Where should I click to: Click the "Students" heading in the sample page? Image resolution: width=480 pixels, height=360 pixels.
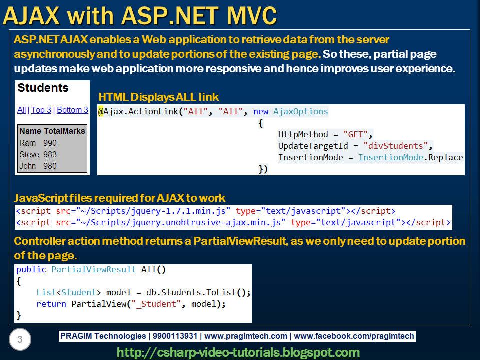(43, 88)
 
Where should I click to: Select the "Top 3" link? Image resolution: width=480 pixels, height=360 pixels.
(41, 110)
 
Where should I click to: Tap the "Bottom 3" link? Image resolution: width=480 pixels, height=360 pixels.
(72, 110)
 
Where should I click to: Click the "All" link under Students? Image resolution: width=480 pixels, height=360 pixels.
(21, 110)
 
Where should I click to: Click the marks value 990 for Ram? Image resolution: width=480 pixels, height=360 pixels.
(50, 143)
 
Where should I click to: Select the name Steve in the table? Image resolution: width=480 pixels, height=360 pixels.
(29, 155)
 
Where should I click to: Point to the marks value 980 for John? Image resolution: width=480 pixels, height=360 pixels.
(50, 166)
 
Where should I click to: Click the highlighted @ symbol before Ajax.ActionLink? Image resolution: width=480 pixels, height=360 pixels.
(101, 112)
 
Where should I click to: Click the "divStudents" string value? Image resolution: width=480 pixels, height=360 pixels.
(396, 146)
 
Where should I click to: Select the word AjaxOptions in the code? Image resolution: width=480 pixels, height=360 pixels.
(300, 112)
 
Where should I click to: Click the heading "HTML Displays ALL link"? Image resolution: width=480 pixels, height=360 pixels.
(159, 97)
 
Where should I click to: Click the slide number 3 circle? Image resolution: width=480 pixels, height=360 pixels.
(20, 340)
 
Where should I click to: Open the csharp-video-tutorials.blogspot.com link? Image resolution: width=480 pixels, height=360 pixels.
(238, 353)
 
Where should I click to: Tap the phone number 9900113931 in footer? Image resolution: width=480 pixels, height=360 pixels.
(174, 336)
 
